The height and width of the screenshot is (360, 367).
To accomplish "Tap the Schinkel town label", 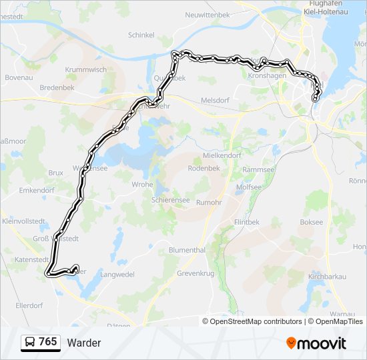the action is [141, 35].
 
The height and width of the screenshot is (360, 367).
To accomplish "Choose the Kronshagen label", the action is [267, 76].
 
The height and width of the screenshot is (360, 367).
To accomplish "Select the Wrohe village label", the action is [142, 185].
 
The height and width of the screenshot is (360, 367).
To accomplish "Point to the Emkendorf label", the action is [37, 190].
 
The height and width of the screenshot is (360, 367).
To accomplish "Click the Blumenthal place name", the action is [187, 250].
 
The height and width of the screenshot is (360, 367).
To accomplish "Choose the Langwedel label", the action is [117, 274].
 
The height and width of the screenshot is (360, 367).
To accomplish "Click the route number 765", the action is [48, 342].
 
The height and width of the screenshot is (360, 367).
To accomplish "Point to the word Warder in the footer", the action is [84, 343].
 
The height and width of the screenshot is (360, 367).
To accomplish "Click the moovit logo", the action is [316, 343].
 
